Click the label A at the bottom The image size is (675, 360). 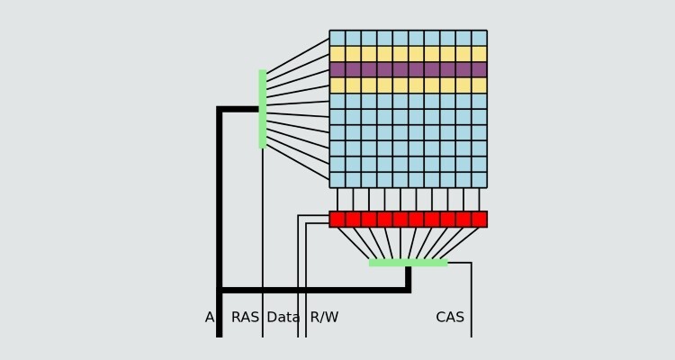click(x=210, y=318)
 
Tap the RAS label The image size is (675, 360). click(x=245, y=318)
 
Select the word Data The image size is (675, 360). click(x=283, y=318)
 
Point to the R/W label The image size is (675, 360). click(x=324, y=318)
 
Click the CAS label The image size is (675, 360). click(x=450, y=318)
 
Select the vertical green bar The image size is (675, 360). click(x=263, y=108)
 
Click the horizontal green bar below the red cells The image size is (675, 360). click(x=408, y=263)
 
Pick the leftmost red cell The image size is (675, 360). click(x=337, y=220)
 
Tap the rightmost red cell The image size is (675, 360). click(x=479, y=220)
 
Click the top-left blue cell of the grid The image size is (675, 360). click(x=337, y=38)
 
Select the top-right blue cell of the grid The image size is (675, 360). click(x=479, y=38)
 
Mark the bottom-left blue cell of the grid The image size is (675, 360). click(x=337, y=179)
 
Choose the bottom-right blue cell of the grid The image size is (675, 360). click(x=479, y=179)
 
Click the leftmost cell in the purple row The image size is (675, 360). click(x=337, y=69)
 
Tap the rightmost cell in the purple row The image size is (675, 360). click(x=479, y=69)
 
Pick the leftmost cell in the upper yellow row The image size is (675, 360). click(x=337, y=54)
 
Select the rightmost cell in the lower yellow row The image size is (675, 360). click(x=479, y=85)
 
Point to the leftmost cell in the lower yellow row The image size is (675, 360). click(x=337, y=85)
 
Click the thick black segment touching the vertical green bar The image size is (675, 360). click(x=240, y=109)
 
